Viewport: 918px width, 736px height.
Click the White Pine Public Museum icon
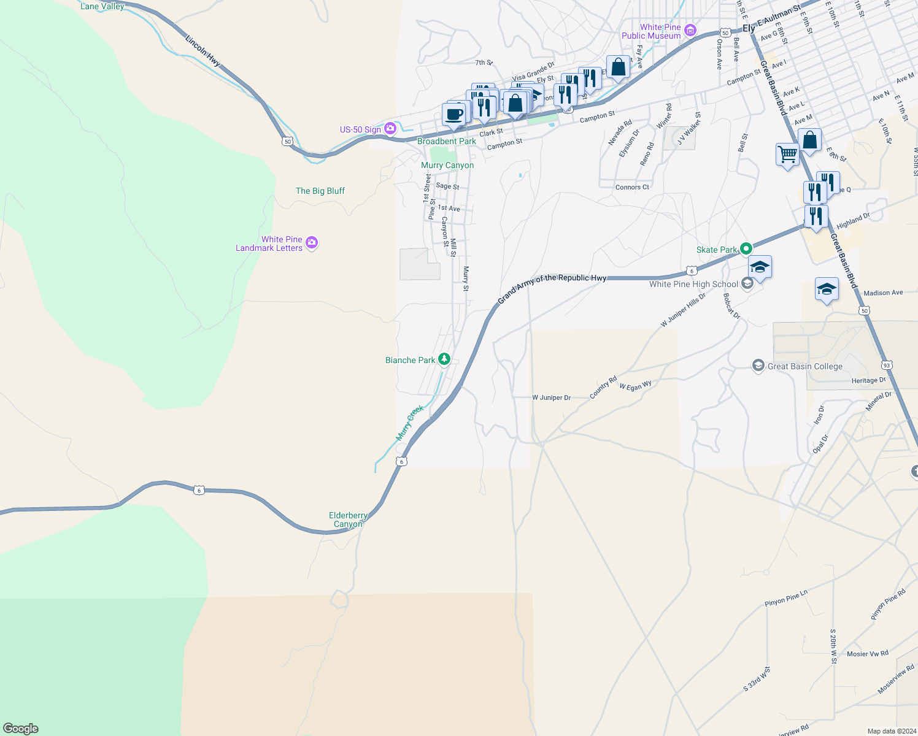tap(690, 30)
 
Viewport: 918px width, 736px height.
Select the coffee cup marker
tap(454, 115)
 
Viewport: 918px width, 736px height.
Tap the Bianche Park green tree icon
tap(443, 359)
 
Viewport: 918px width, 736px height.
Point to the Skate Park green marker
tap(746, 249)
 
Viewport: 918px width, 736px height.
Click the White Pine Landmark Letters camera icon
tap(311, 243)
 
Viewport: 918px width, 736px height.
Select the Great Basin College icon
tap(758, 366)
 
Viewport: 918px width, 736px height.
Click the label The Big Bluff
tap(320, 191)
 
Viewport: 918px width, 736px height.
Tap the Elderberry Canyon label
tap(348, 519)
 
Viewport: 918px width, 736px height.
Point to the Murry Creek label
tap(409, 423)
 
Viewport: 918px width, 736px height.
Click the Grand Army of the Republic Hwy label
tap(552, 286)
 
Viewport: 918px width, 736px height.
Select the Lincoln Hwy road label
tap(202, 50)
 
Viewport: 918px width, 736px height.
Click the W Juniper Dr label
tap(551, 397)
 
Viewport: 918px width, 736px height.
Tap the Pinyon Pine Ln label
tap(786, 598)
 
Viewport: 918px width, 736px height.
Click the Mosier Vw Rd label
tap(867, 654)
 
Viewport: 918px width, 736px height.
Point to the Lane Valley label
tap(102, 6)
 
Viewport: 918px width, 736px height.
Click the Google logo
tap(21, 728)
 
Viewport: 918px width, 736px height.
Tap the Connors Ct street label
tap(632, 187)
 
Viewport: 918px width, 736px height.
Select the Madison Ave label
tap(883, 293)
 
